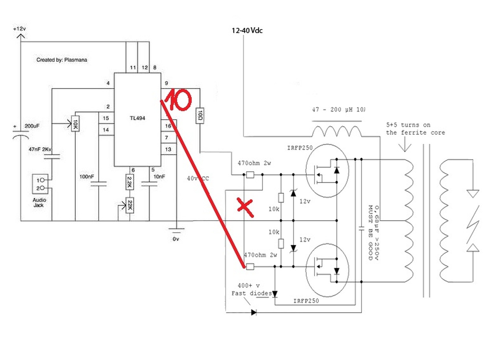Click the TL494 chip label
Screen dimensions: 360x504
[x=137, y=118]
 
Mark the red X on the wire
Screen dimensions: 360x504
[x=245, y=208]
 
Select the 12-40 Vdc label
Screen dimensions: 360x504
[x=247, y=30]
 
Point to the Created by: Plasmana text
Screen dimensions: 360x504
[x=62, y=60]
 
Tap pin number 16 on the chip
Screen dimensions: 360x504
[x=168, y=126]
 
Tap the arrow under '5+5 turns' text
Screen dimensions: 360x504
[x=405, y=146]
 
